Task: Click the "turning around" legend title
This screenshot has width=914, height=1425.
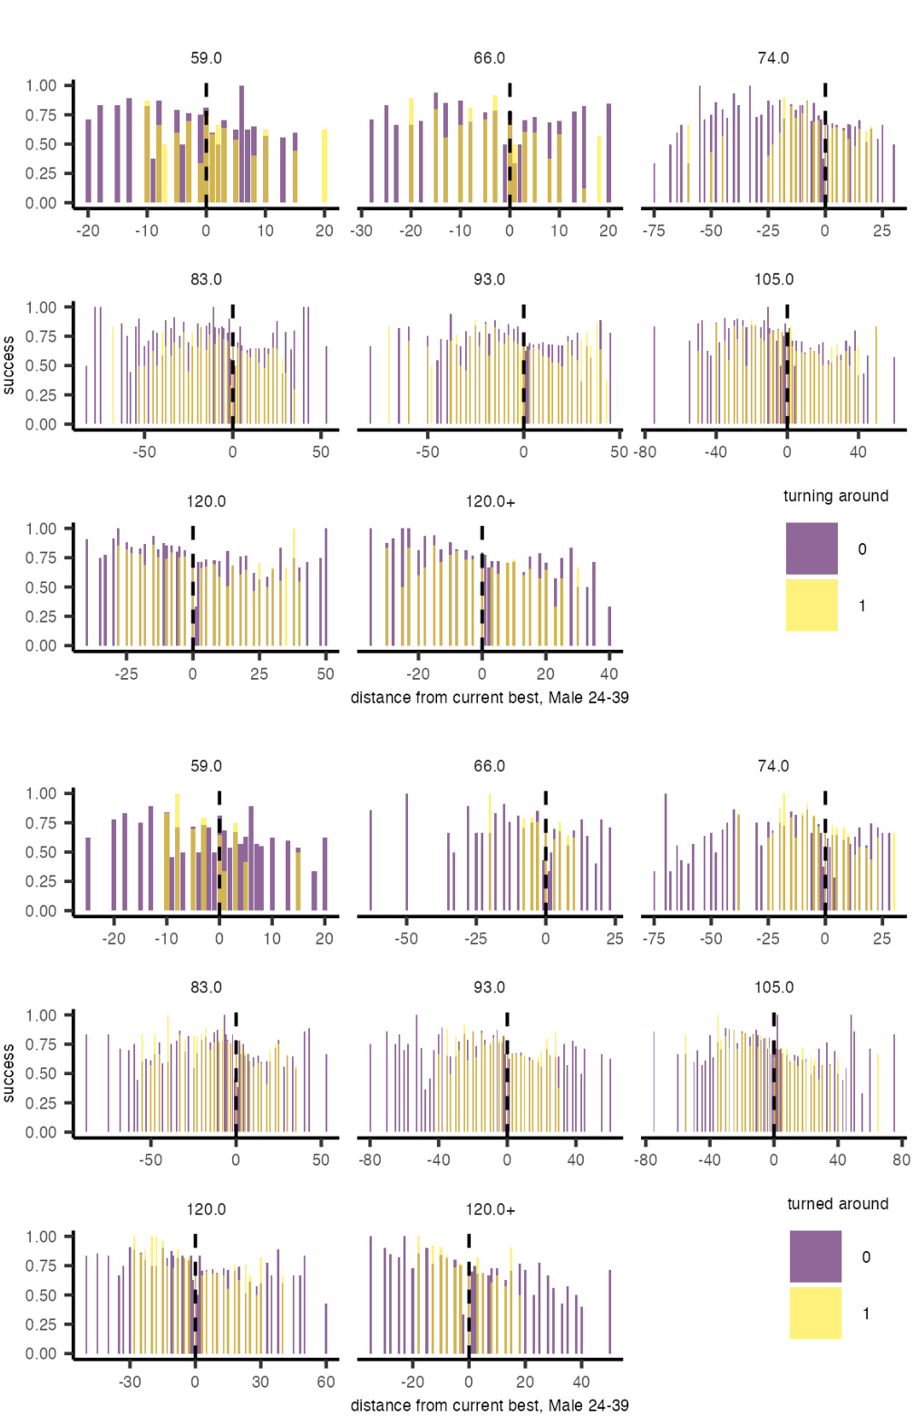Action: (835, 496)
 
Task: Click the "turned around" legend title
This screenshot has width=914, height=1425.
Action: (837, 1204)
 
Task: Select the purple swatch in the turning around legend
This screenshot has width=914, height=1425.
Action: (812, 548)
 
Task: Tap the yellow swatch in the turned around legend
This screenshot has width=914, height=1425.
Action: (815, 1313)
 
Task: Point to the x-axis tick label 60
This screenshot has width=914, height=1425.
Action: (326, 1381)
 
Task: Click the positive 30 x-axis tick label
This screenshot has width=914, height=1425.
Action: (260, 1381)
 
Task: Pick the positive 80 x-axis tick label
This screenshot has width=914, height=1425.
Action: (900, 1159)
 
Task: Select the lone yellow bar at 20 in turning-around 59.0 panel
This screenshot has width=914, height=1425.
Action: (325, 167)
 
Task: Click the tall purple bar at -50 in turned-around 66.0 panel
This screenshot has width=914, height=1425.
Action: (406, 852)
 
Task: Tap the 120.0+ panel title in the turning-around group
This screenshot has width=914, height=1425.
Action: (490, 501)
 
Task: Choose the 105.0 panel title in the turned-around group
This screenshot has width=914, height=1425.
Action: (773, 987)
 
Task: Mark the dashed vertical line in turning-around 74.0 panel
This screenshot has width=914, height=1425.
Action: (825, 145)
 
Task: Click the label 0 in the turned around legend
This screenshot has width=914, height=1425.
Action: (866, 1257)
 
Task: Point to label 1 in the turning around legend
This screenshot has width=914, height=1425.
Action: (862, 606)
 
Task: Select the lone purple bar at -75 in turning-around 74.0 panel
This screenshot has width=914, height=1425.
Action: (654, 183)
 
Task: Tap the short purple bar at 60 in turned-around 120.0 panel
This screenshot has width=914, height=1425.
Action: (326, 1329)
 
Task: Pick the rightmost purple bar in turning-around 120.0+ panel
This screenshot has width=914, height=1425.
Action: (609, 625)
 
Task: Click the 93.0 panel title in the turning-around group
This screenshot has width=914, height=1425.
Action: (490, 279)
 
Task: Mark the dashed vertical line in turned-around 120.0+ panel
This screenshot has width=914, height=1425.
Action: (469, 1296)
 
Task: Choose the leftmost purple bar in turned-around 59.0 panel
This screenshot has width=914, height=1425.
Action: (88, 874)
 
